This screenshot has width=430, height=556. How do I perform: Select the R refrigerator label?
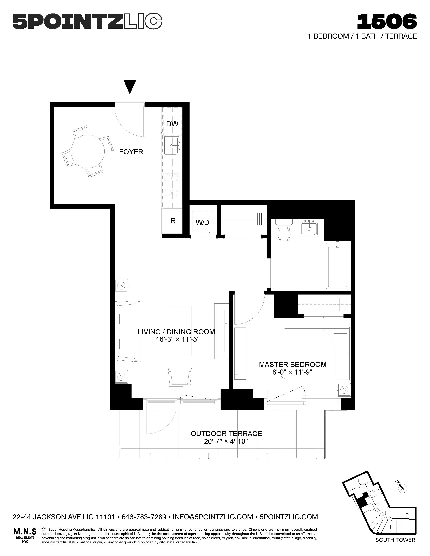(173, 221)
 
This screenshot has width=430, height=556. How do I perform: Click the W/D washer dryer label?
(203, 222)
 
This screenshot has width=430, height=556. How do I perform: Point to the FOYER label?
(131, 152)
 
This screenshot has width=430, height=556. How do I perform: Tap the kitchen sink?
(172, 146)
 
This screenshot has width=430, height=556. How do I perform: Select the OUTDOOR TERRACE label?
(226, 433)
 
